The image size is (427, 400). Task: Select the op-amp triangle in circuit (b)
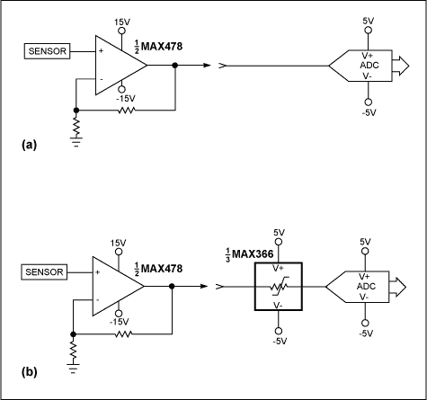point(115,284)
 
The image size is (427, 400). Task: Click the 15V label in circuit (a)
point(124,20)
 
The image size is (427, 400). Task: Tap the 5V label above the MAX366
point(279,232)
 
